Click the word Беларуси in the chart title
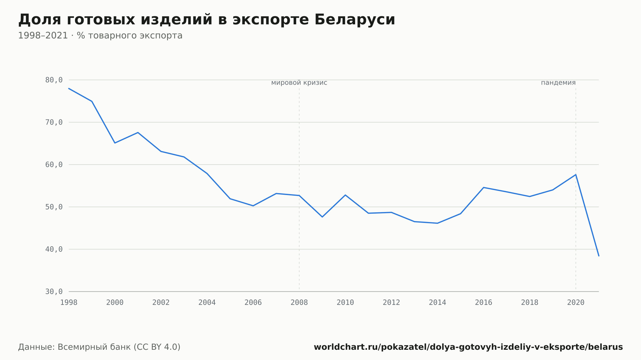click(x=355, y=20)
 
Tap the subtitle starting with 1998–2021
click(x=100, y=36)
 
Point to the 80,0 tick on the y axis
click(x=54, y=80)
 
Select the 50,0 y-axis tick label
click(x=54, y=207)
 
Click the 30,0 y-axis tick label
click(x=54, y=291)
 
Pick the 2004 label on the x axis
click(x=207, y=303)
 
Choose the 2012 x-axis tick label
click(x=391, y=303)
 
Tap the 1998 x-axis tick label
click(x=69, y=303)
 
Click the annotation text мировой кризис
click(x=299, y=83)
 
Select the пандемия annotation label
click(x=558, y=83)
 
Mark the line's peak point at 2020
click(x=576, y=175)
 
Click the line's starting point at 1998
click(x=69, y=88)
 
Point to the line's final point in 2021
click(x=599, y=256)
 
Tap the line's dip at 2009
click(x=322, y=217)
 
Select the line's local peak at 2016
click(x=484, y=187)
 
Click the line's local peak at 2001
click(x=138, y=133)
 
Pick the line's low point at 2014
click(x=437, y=223)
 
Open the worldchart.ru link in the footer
click(x=468, y=347)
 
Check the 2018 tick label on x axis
click(x=530, y=303)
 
